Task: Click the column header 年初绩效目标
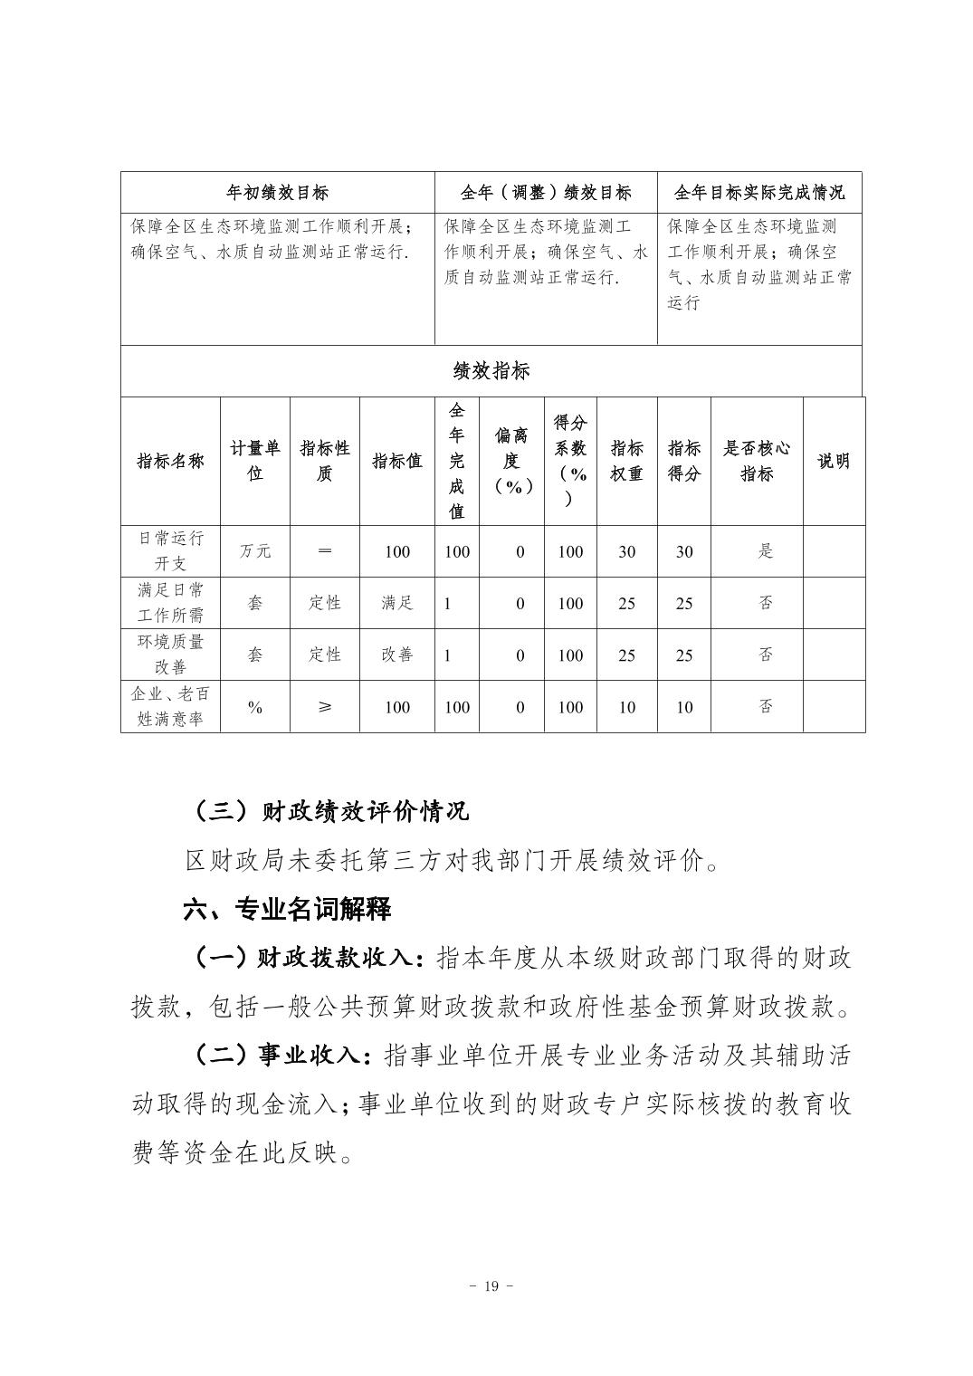tap(277, 193)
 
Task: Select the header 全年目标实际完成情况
tap(758, 193)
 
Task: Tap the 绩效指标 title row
tap(491, 370)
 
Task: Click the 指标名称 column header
tap(170, 461)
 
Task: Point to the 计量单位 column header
tap(254, 461)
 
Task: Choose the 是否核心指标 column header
tap(757, 461)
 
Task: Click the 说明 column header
tap(833, 461)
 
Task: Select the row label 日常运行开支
tap(170, 550)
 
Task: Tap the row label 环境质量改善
tap(170, 655)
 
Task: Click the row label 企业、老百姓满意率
tap(170, 707)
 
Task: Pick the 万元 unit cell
tap(254, 551)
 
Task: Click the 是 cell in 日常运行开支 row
tap(766, 551)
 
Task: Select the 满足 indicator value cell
tap(396, 603)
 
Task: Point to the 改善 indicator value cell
tap(396, 655)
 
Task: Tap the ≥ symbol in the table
tap(324, 707)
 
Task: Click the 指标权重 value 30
tap(626, 551)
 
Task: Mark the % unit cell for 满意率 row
tap(254, 707)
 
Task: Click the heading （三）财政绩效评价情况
tap(330, 810)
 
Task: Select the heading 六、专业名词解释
tap(287, 908)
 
